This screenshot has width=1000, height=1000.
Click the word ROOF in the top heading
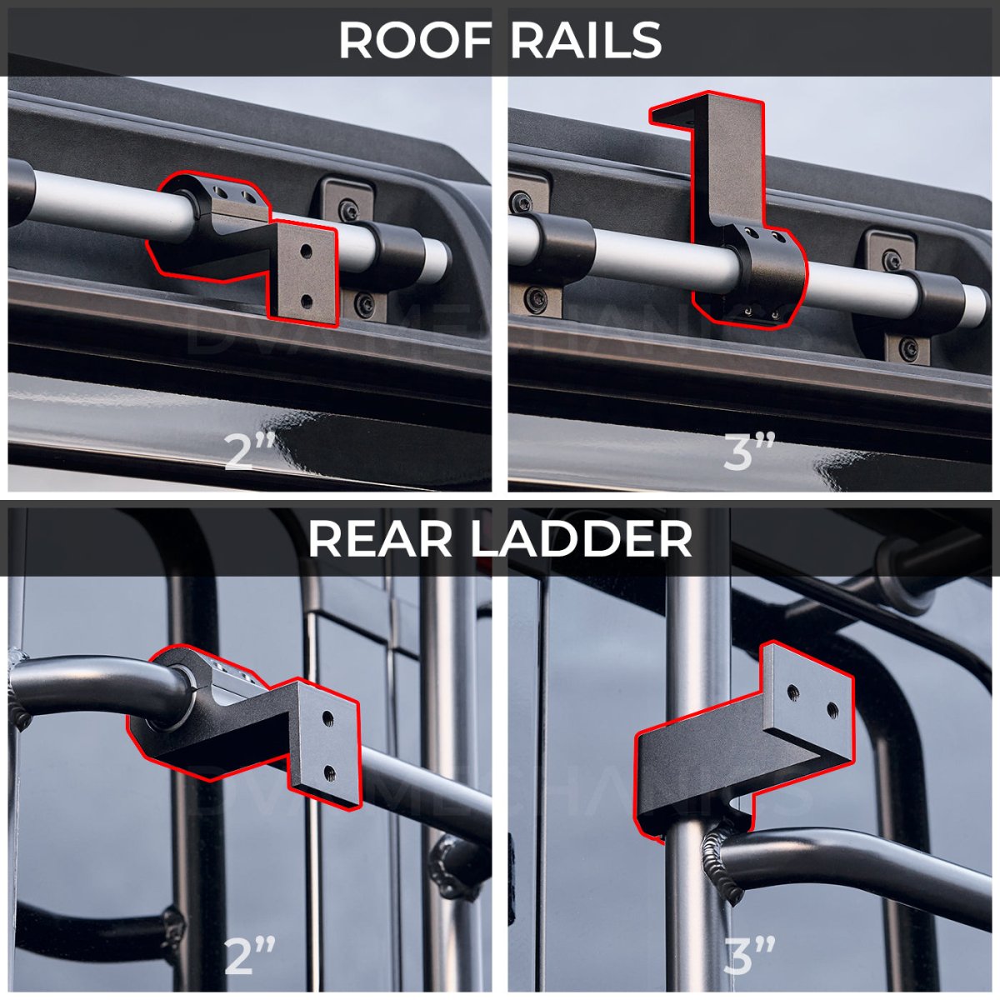412,39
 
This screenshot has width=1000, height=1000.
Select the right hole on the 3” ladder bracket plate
832,709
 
